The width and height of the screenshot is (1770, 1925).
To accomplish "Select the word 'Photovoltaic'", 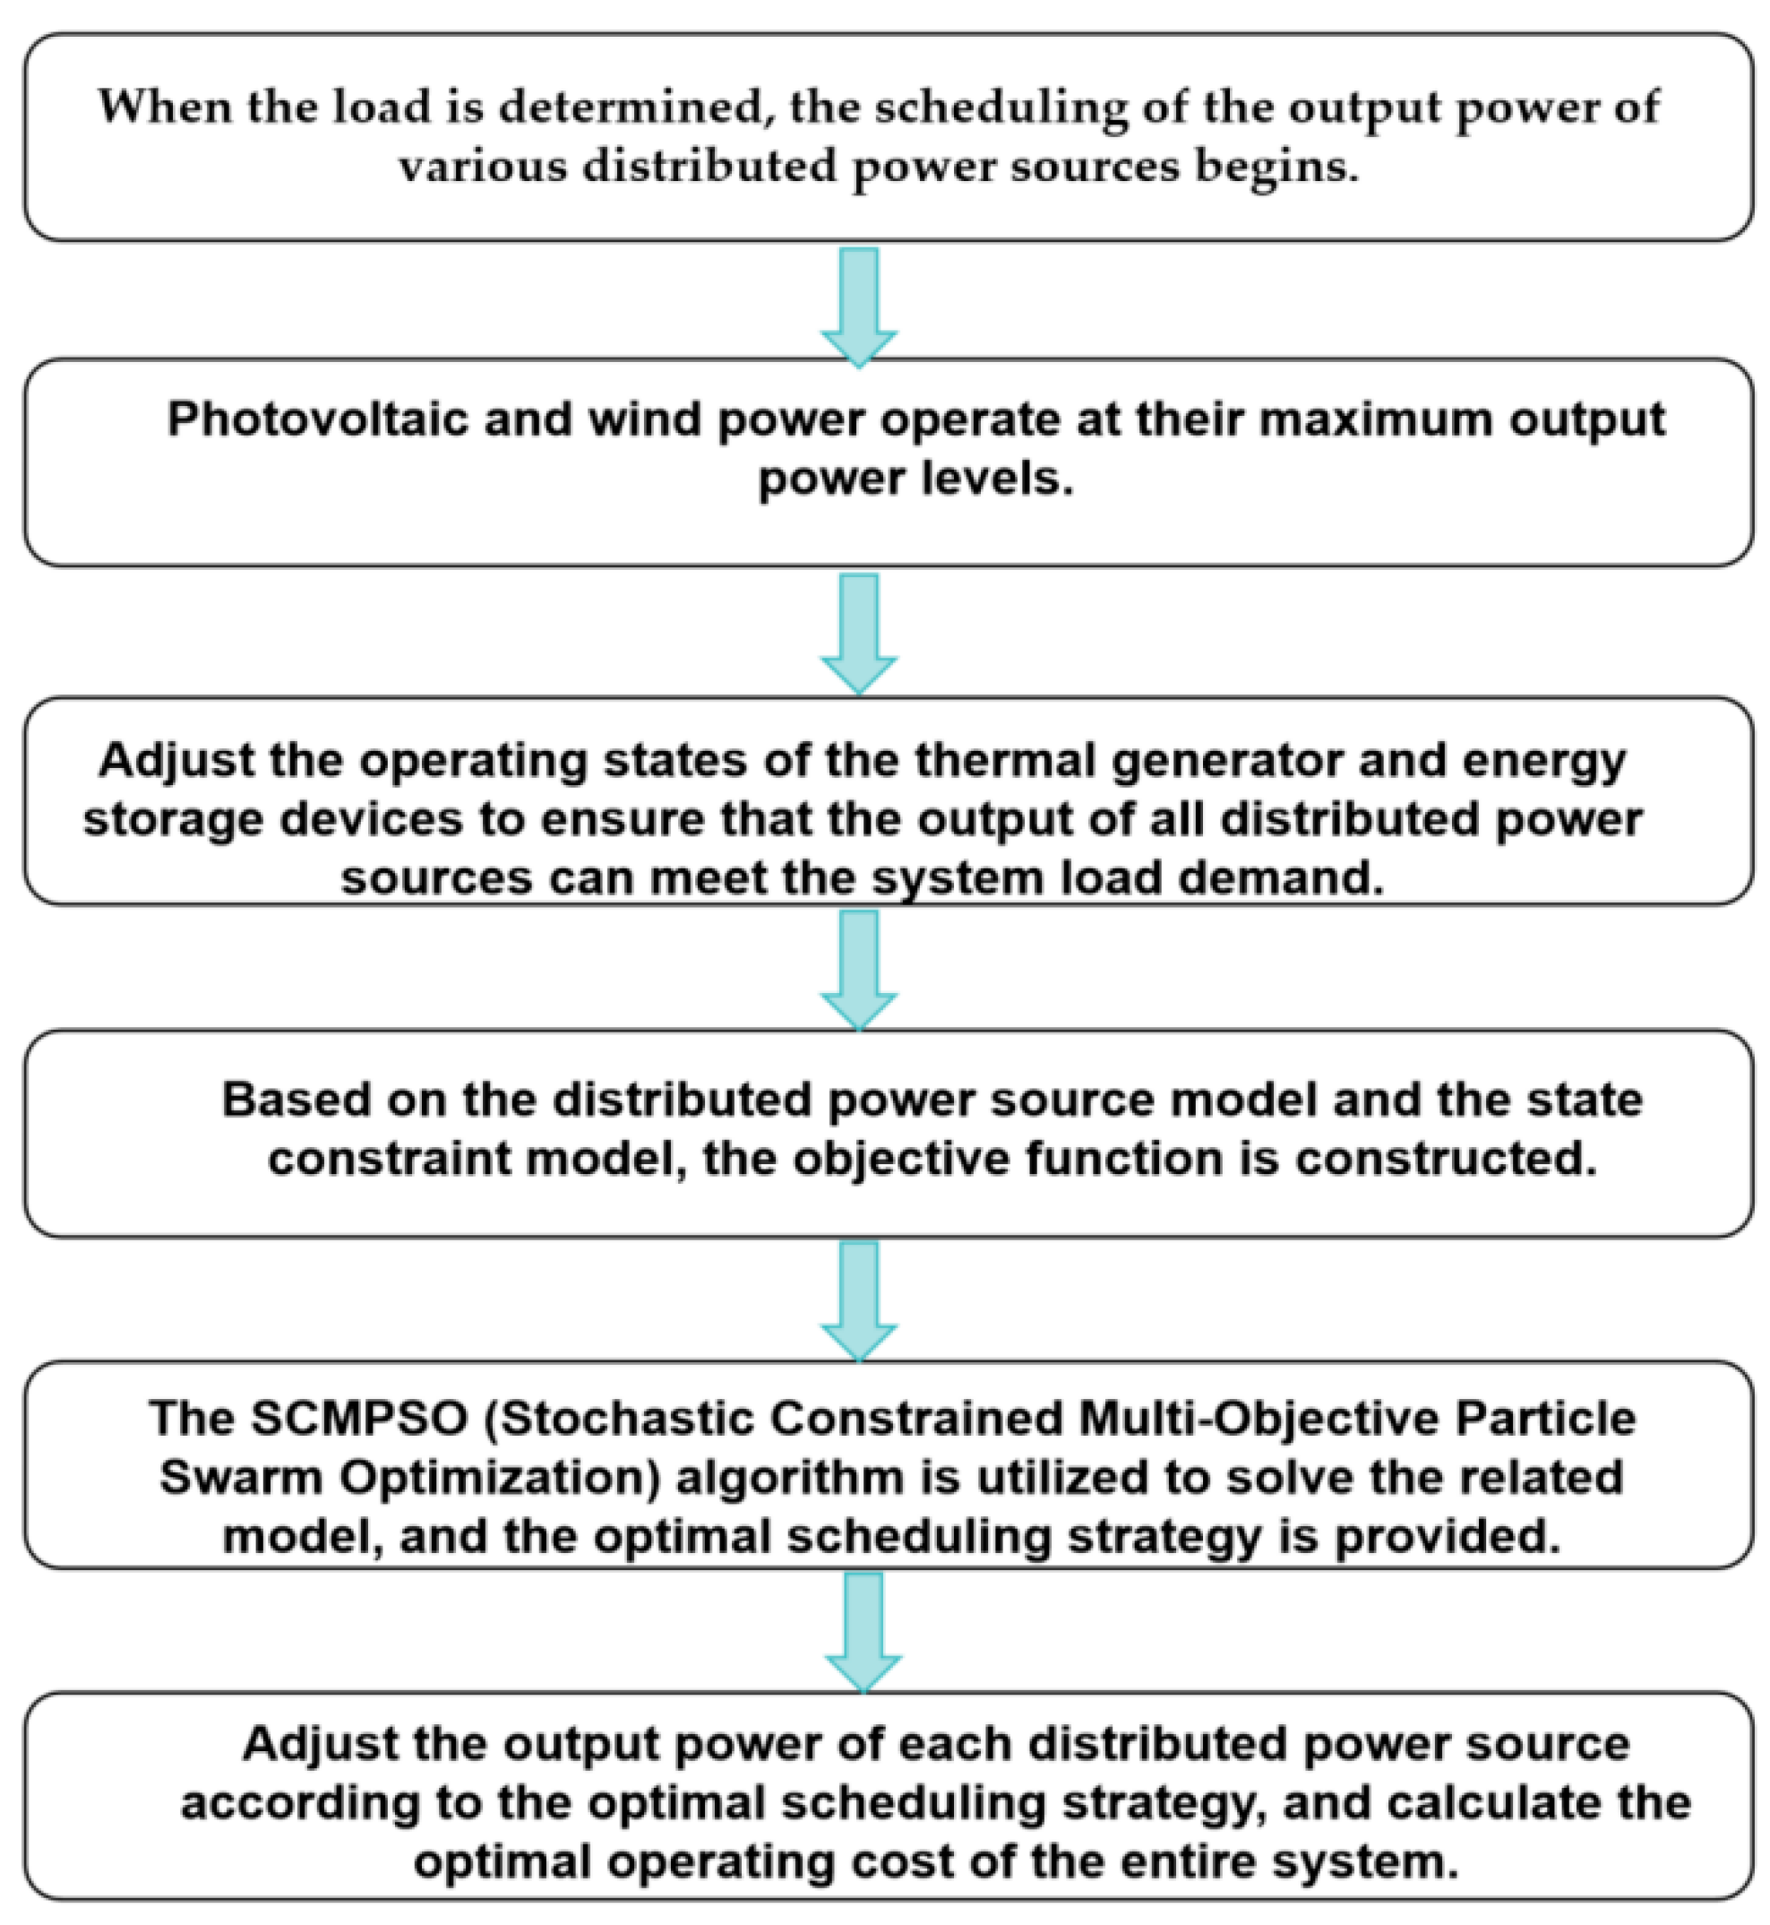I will click(317, 419).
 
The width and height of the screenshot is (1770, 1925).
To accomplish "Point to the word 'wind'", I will click(644, 419).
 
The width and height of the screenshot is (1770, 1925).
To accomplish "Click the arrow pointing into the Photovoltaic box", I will click(859, 305).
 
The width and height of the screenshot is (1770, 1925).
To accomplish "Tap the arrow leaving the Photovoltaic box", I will click(859, 631).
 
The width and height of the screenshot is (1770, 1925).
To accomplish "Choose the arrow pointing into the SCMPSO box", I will click(859, 1299).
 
